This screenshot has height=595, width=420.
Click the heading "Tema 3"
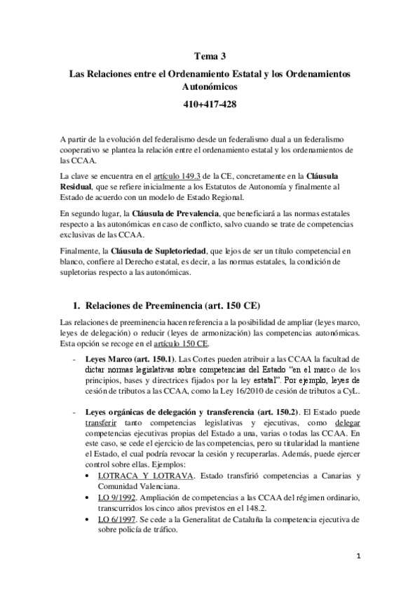pyautogui.click(x=210, y=58)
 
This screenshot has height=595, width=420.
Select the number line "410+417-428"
pyautogui.click(x=210, y=104)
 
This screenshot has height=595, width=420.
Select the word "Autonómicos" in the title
pyautogui.click(x=210, y=88)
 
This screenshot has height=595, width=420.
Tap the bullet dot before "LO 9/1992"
pyautogui.click(x=86, y=498)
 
